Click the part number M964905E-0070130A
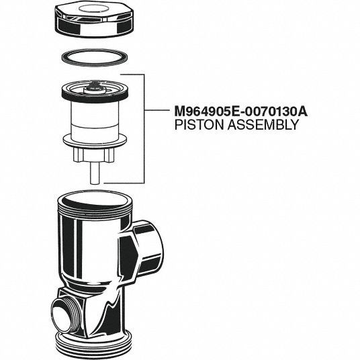point(241,111)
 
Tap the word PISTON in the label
point(199,125)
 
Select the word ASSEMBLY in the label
point(263,125)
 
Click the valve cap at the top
point(94,21)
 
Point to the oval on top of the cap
point(94,9)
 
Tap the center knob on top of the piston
point(95,89)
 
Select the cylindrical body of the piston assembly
point(95,122)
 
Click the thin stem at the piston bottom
point(94,173)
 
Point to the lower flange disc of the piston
point(95,141)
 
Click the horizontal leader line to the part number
point(156,110)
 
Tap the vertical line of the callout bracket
point(144,129)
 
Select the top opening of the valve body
point(95,199)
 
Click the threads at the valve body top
point(95,210)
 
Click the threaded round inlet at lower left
point(65,317)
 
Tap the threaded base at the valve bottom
point(94,345)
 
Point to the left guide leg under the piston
point(78,155)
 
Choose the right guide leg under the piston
point(109,155)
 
